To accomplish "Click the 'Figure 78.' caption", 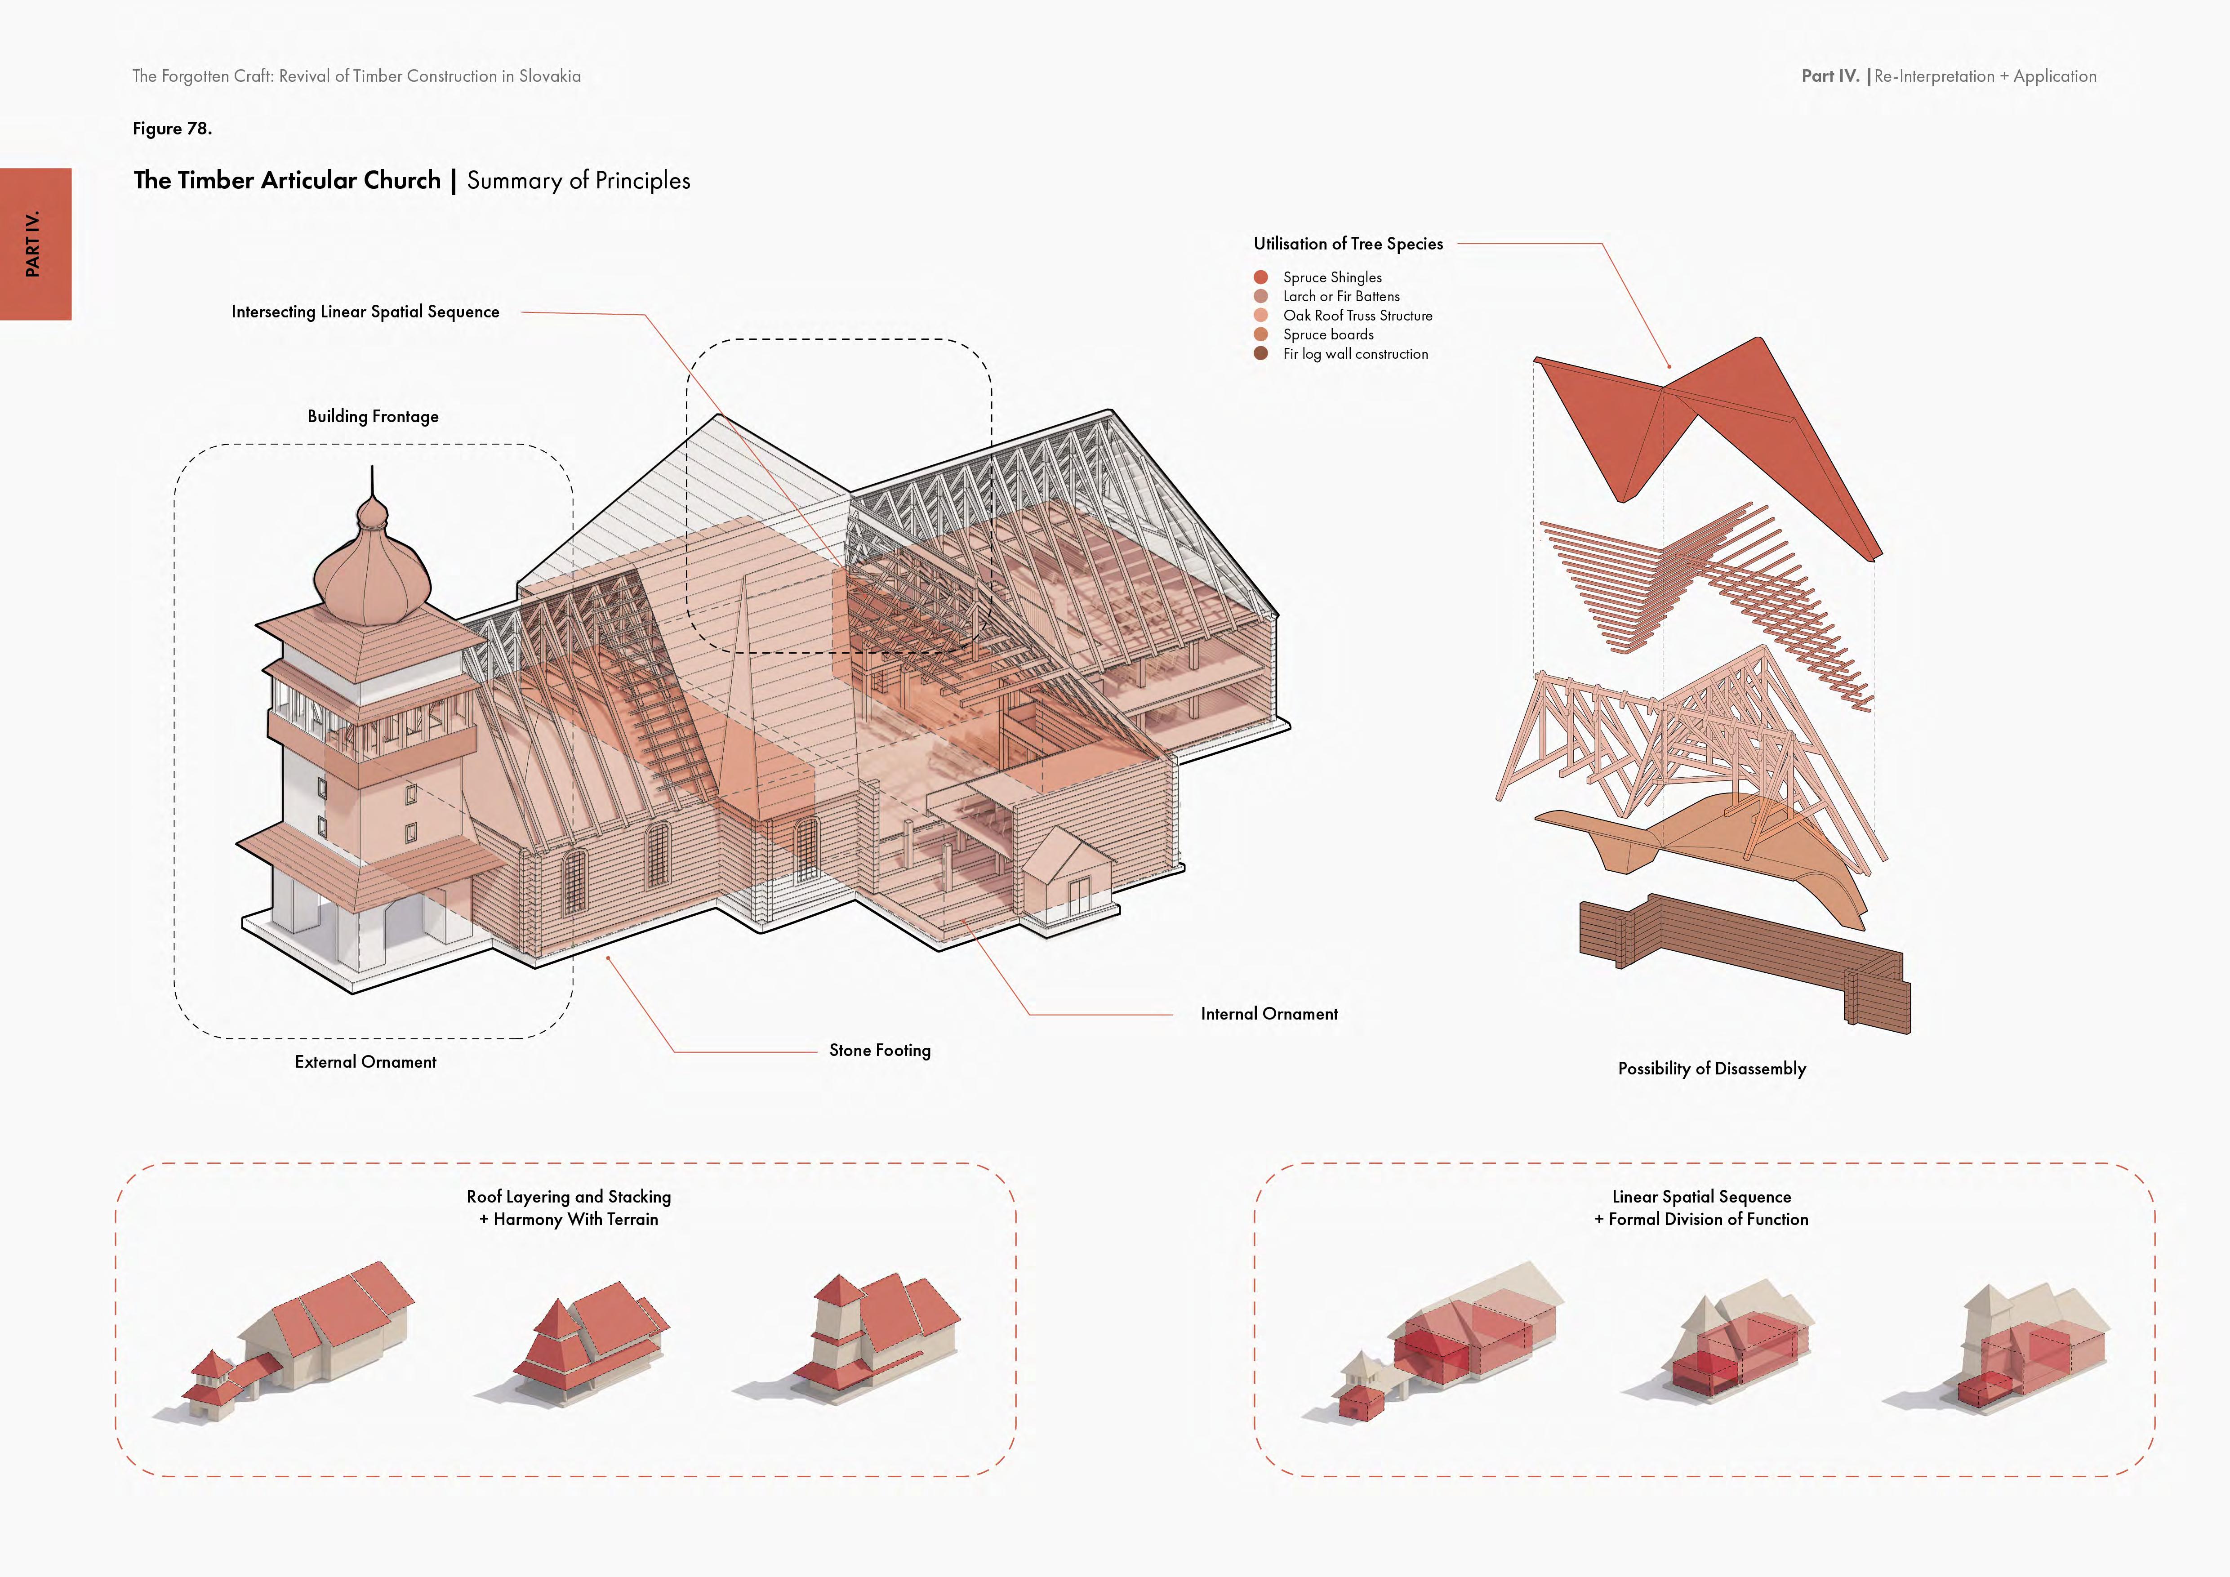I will [x=172, y=128].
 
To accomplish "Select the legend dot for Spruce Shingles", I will [x=1261, y=277].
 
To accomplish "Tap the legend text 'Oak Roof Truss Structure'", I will [x=1357, y=316].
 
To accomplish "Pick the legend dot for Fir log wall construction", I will [x=1261, y=353].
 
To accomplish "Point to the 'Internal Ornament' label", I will [x=1269, y=1014].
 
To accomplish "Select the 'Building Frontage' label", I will [x=373, y=417].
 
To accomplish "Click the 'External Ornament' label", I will [x=365, y=1062].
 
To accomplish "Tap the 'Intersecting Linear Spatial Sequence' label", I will [x=365, y=312].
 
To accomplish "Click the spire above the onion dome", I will [x=372, y=486].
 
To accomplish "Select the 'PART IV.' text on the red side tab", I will [x=34, y=244].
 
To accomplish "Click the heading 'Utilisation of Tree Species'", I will [x=1348, y=244].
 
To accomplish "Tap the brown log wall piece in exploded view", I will [x=1739, y=957].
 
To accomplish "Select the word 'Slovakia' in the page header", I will [x=550, y=76].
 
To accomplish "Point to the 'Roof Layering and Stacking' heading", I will [x=568, y=1196].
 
